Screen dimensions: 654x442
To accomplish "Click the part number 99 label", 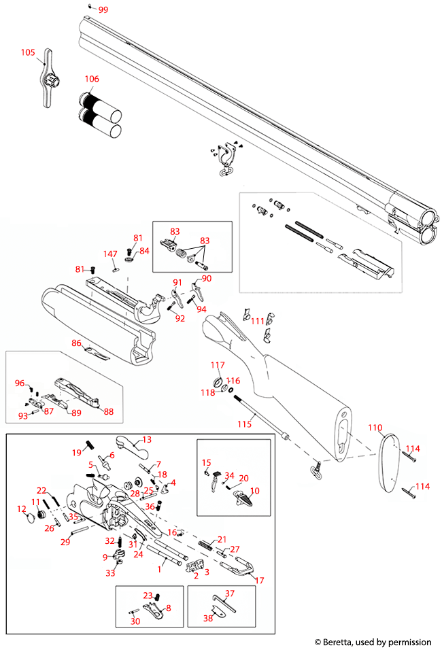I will pyautogui.click(x=103, y=10).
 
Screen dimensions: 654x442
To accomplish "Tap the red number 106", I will pyautogui.click(x=91, y=79).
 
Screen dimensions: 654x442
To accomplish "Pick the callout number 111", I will pyautogui.click(x=258, y=321).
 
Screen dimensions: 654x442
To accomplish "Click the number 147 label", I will pyautogui.click(x=110, y=254).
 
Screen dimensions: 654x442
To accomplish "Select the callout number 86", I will pyautogui.click(x=77, y=343).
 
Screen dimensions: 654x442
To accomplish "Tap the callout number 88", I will pyautogui.click(x=108, y=411).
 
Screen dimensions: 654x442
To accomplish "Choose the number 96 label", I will pyautogui.click(x=20, y=383).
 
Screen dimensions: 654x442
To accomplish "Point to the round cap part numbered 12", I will pyautogui.click(x=30, y=520).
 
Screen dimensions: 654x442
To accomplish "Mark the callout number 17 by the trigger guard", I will pyautogui.click(x=258, y=581).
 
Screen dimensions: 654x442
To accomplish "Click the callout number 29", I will pyautogui.click(x=65, y=542).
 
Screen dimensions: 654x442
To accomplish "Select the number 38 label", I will pyautogui.click(x=208, y=618).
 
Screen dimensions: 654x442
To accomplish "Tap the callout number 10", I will pyautogui.click(x=255, y=490).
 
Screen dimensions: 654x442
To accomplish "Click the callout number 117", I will pyautogui.click(x=217, y=365).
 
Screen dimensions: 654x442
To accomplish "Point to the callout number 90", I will pyautogui.click(x=207, y=279).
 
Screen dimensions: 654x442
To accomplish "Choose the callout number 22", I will pyautogui.click(x=41, y=490).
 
